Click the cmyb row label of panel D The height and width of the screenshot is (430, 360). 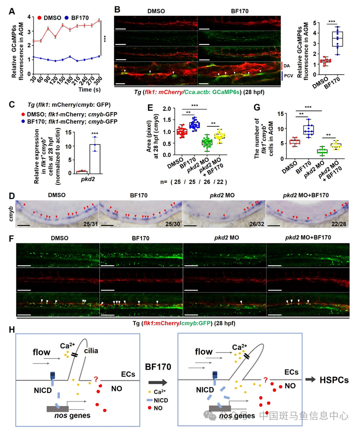coord(10,213)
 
